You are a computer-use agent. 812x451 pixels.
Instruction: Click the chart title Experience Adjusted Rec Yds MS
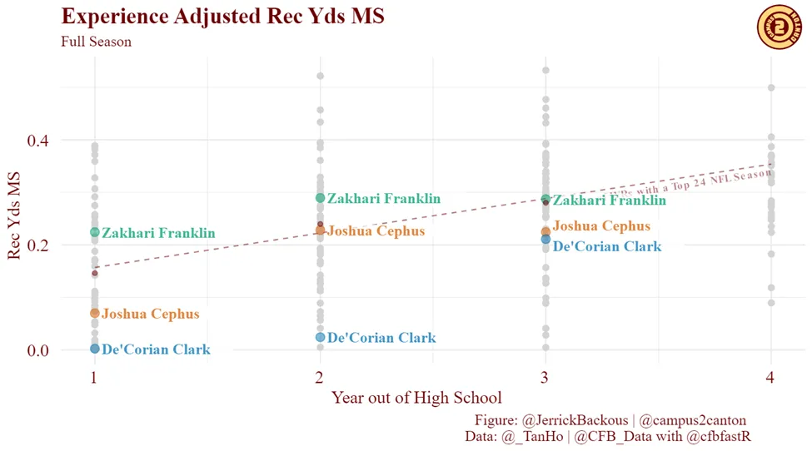(x=222, y=17)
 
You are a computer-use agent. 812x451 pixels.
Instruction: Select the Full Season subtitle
(x=96, y=42)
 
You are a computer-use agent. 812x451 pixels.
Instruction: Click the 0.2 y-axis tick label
(x=37, y=245)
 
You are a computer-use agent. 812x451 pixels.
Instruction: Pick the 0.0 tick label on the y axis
(x=37, y=350)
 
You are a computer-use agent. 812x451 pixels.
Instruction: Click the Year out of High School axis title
(x=416, y=398)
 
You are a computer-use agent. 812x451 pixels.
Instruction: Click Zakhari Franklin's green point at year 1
(x=95, y=232)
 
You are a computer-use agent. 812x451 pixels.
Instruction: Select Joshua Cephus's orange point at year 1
(x=95, y=313)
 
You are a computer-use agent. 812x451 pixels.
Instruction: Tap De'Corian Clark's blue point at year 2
(x=321, y=337)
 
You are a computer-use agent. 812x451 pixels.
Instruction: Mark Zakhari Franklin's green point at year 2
(x=321, y=198)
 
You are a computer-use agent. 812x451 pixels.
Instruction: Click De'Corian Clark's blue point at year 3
(x=545, y=240)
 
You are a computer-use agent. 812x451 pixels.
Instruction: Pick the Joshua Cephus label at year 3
(x=601, y=226)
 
